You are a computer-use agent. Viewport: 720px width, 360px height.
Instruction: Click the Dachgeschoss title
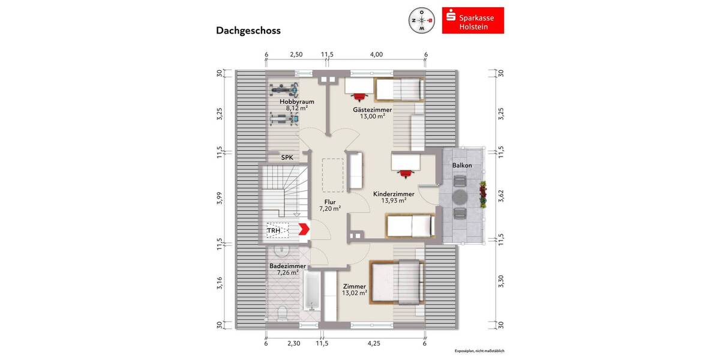(x=248, y=31)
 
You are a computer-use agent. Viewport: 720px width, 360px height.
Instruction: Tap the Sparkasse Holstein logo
(x=473, y=20)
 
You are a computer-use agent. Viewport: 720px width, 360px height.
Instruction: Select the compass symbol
(x=422, y=20)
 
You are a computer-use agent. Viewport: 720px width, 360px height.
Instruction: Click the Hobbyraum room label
(x=296, y=102)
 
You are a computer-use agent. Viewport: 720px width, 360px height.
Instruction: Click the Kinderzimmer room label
(x=394, y=194)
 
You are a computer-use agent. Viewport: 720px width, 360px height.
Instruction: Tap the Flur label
(x=330, y=202)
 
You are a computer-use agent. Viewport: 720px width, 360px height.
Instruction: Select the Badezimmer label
(x=288, y=266)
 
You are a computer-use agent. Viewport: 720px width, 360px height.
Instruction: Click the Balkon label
(x=461, y=165)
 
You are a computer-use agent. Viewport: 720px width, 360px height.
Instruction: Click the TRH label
(x=274, y=229)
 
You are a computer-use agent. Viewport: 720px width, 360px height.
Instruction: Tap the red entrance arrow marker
(x=304, y=229)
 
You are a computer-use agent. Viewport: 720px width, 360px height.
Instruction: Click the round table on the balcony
(x=461, y=197)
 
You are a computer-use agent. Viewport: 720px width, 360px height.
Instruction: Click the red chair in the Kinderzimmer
(x=406, y=173)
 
